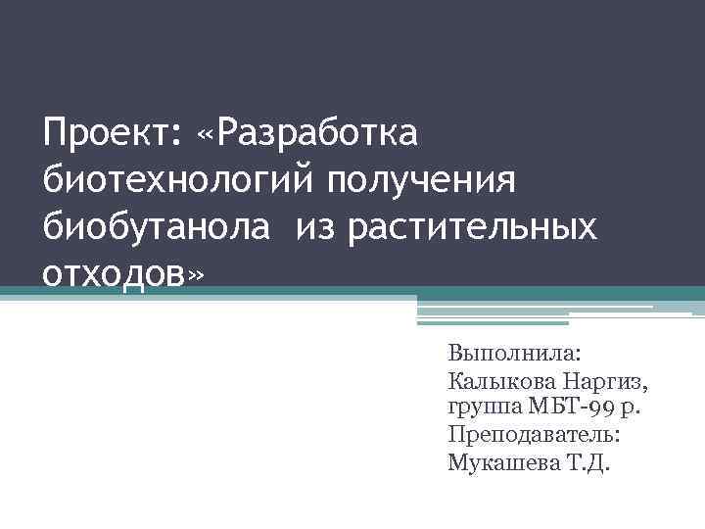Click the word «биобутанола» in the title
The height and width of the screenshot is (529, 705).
(152, 226)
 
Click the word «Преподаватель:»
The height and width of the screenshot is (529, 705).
(533, 433)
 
